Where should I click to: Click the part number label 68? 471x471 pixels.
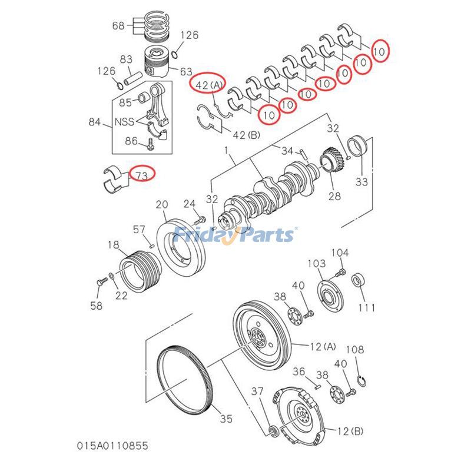[x=118, y=25]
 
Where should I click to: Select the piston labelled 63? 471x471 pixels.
[x=158, y=62]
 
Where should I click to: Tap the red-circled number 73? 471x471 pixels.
[x=142, y=174]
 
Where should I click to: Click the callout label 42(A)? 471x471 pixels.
[x=210, y=85]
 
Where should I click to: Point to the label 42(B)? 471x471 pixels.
[x=247, y=135]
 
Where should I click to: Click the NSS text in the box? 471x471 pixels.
[x=124, y=122]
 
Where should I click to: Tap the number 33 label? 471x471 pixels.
[x=361, y=181]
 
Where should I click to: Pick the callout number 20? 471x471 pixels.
[x=162, y=204]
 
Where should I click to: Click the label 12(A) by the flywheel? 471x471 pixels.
[x=321, y=346]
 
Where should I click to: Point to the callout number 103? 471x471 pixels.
[x=317, y=263]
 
